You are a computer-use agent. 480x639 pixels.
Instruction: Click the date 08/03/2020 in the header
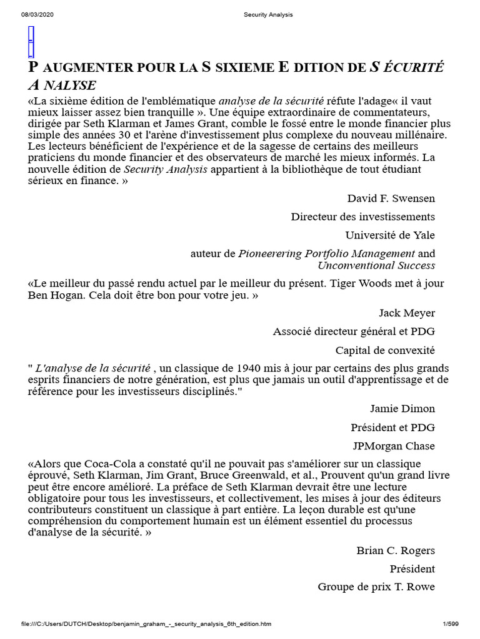pyautogui.click(x=37, y=14)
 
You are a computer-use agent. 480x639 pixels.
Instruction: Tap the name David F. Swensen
pyautogui.click(x=391, y=198)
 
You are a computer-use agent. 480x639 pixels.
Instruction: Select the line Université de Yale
pyautogui.click(x=390, y=235)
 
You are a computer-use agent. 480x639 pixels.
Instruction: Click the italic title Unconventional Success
pyautogui.click(x=376, y=265)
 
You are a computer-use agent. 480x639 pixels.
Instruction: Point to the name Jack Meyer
pyautogui.click(x=407, y=313)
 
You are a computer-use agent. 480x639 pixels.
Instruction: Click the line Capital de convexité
pyautogui.click(x=385, y=350)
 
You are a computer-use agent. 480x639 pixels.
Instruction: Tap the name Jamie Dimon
pyautogui.click(x=402, y=409)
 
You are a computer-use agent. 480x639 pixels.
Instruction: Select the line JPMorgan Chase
pyautogui.click(x=394, y=446)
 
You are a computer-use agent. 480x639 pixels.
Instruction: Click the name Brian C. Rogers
pyautogui.click(x=396, y=550)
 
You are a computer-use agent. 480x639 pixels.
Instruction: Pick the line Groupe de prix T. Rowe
pyautogui.click(x=376, y=587)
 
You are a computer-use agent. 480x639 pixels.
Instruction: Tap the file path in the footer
pyautogui.click(x=146, y=623)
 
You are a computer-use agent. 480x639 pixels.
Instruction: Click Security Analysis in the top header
pyautogui.click(x=267, y=14)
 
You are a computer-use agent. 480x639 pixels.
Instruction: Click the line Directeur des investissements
pyautogui.click(x=362, y=217)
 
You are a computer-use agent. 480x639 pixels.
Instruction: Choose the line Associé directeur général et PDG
pyautogui.click(x=354, y=331)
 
